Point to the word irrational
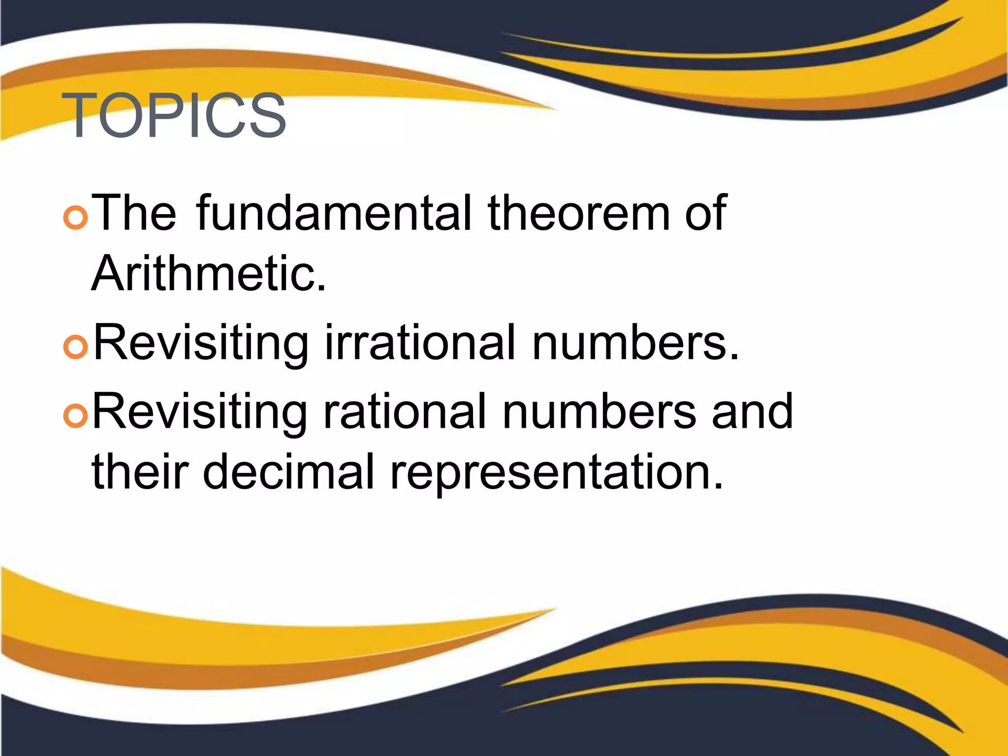(420, 342)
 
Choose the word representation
(557, 472)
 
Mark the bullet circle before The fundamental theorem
(76, 218)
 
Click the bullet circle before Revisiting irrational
(76, 347)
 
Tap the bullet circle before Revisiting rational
(76, 416)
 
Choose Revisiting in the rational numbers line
(200, 412)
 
